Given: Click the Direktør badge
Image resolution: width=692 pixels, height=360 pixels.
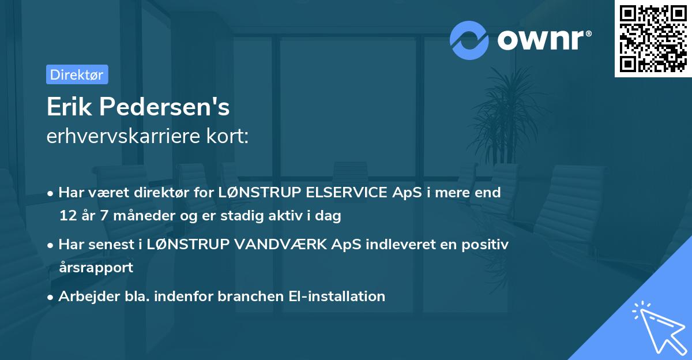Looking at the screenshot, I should tap(77, 74).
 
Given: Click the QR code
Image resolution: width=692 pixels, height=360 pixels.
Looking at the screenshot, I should tap(652, 38).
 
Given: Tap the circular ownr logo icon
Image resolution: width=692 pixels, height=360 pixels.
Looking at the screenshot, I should tap(469, 40).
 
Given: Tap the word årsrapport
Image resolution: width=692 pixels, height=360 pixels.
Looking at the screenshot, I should tap(96, 268).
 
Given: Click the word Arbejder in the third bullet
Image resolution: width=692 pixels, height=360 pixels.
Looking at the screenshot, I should tap(84, 297).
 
